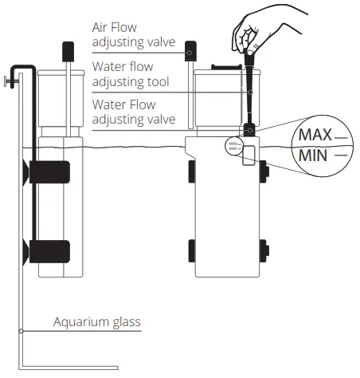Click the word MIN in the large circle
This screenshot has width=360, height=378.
pyautogui.click(x=313, y=154)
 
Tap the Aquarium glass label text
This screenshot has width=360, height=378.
pyautogui.click(x=97, y=322)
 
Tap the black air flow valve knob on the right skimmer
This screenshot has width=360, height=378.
pyautogui.click(x=191, y=50)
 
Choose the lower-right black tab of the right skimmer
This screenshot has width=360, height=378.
pyautogui.click(x=262, y=250)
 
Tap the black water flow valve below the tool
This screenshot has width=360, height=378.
pyautogui.click(x=251, y=129)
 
